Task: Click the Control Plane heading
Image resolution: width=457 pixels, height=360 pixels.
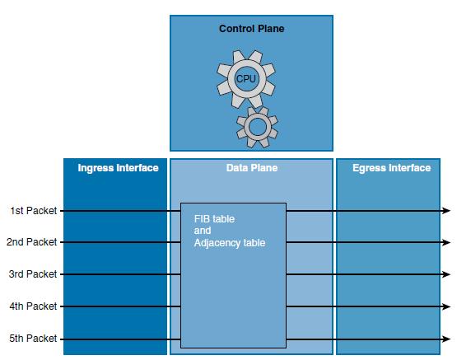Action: click(251, 29)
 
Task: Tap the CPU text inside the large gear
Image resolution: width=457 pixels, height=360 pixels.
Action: click(246, 79)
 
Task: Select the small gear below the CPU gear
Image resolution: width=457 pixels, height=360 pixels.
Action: click(258, 127)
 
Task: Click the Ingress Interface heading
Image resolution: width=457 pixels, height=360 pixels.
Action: click(118, 168)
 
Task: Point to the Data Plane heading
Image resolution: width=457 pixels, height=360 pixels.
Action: click(252, 168)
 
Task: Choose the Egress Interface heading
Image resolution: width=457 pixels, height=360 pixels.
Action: click(391, 168)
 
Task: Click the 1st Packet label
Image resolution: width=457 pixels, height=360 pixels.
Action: click(34, 211)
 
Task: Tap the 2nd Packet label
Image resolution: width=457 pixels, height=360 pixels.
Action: click(32, 242)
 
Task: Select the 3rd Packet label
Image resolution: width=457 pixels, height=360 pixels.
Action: click(33, 274)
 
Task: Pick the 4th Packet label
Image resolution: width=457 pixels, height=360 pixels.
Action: click(33, 306)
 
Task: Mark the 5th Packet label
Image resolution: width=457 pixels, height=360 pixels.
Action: click(33, 339)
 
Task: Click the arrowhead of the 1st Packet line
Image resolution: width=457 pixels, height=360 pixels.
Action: click(446, 210)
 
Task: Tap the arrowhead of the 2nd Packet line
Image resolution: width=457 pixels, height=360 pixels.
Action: click(446, 242)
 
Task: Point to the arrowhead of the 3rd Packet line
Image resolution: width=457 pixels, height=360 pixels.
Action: click(446, 274)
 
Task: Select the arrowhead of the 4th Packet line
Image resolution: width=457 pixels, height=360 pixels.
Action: click(446, 306)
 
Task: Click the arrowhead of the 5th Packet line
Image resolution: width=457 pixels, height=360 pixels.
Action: click(446, 339)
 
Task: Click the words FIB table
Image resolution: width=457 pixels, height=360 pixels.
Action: click(214, 219)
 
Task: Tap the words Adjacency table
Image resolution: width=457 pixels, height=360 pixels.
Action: click(230, 243)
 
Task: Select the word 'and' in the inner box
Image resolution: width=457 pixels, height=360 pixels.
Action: click(203, 231)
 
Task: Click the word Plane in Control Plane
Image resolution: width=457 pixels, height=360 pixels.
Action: click(272, 29)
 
